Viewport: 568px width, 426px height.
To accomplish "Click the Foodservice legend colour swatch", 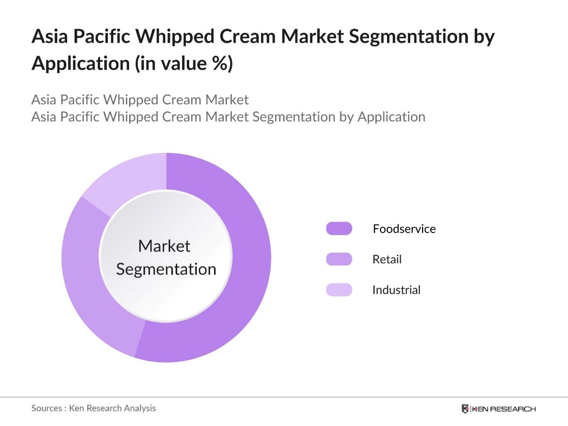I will (x=339, y=229).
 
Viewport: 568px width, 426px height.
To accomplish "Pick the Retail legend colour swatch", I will (x=339, y=259).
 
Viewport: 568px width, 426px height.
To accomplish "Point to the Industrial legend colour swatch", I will (x=339, y=290).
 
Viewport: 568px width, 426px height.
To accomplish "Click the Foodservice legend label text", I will (x=404, y=229).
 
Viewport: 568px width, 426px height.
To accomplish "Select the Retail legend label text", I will (x=387, y=259).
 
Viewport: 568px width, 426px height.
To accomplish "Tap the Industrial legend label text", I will (x=396, y=290).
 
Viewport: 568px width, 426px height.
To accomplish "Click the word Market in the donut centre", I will (x=164, y=247).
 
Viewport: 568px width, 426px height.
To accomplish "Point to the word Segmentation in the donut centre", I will (x=166, y=269).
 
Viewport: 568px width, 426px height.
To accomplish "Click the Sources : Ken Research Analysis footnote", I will (x=93, y=408).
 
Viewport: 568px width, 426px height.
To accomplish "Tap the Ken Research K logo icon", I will (x=465, y=409).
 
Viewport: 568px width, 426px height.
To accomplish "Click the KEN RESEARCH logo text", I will (x=504, y=409).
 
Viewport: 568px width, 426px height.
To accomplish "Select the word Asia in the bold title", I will (x=50, y=37).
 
